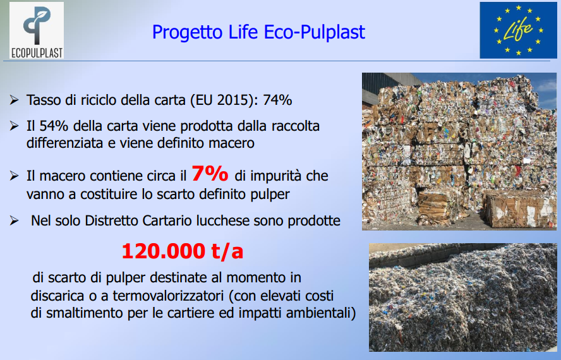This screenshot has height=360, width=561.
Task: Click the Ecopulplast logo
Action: (x=37, y=30)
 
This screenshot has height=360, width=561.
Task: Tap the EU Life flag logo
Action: (x=518, y=30)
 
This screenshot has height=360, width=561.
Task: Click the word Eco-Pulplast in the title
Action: (x=315, y=32)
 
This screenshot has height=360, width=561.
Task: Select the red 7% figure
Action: (x=210, y=174)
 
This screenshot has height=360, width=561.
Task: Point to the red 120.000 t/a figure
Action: (x=183, y=251)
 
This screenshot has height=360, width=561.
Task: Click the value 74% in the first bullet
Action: (x=277, y=100)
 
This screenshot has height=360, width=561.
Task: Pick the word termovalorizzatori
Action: (x=169, y=296)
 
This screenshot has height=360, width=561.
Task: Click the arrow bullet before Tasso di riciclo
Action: (x=15, y=100)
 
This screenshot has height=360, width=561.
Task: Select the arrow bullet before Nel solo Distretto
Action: (x=15, y=220)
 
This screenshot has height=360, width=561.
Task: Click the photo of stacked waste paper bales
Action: (x=459, y=152)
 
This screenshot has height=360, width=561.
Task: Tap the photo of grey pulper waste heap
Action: (x=463, y=297)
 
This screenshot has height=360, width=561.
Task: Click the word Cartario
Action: (x=160, y=221)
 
